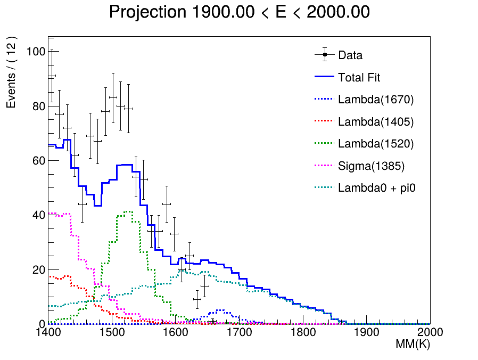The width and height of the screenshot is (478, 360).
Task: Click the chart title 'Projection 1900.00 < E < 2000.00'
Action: pos(239,12)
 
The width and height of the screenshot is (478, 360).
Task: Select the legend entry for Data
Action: pos(350,55)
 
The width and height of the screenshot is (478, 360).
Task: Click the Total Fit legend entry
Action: pos(359,78)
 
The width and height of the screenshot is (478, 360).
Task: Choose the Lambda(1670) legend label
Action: pos(376,100)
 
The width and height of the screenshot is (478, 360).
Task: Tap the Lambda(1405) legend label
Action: pos(376,122)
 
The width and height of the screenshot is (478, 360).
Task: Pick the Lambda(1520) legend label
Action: pos(376,144)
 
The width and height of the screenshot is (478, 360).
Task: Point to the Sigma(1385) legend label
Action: pos(371,166)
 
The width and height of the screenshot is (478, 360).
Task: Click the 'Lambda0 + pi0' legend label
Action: pos(376,188)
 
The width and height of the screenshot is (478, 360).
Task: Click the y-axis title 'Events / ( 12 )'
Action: pos(12,72)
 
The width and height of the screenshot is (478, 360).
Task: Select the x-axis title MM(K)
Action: pos(412,345)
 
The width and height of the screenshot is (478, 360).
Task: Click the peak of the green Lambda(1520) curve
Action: pos(128,211)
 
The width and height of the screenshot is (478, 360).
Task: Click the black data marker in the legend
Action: pos(324,55)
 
